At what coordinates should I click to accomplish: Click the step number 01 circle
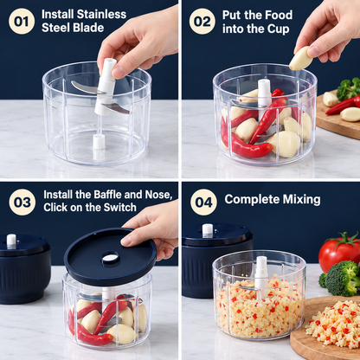pos(22,22)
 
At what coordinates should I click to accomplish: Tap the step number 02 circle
pos(202,22)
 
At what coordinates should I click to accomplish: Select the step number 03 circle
pos(22,202)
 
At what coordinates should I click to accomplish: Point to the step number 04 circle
pos(203,202)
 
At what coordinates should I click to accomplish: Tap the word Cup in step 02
pos(278,29)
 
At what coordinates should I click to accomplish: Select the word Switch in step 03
pos(120,207)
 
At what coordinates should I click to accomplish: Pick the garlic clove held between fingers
pos(300,59)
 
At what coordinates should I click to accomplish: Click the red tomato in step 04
pos(337,252)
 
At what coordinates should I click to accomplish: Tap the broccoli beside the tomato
pos(341,278)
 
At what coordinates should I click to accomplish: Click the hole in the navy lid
pos(110,258)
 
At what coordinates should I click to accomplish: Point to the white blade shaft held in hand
pos(106,86)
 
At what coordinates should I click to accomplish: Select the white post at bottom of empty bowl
pos(99,142)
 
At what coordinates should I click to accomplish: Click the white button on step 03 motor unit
pos(11,241)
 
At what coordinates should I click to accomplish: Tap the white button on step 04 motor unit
pos(208,230)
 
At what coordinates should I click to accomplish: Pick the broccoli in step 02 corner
pos(348,88)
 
